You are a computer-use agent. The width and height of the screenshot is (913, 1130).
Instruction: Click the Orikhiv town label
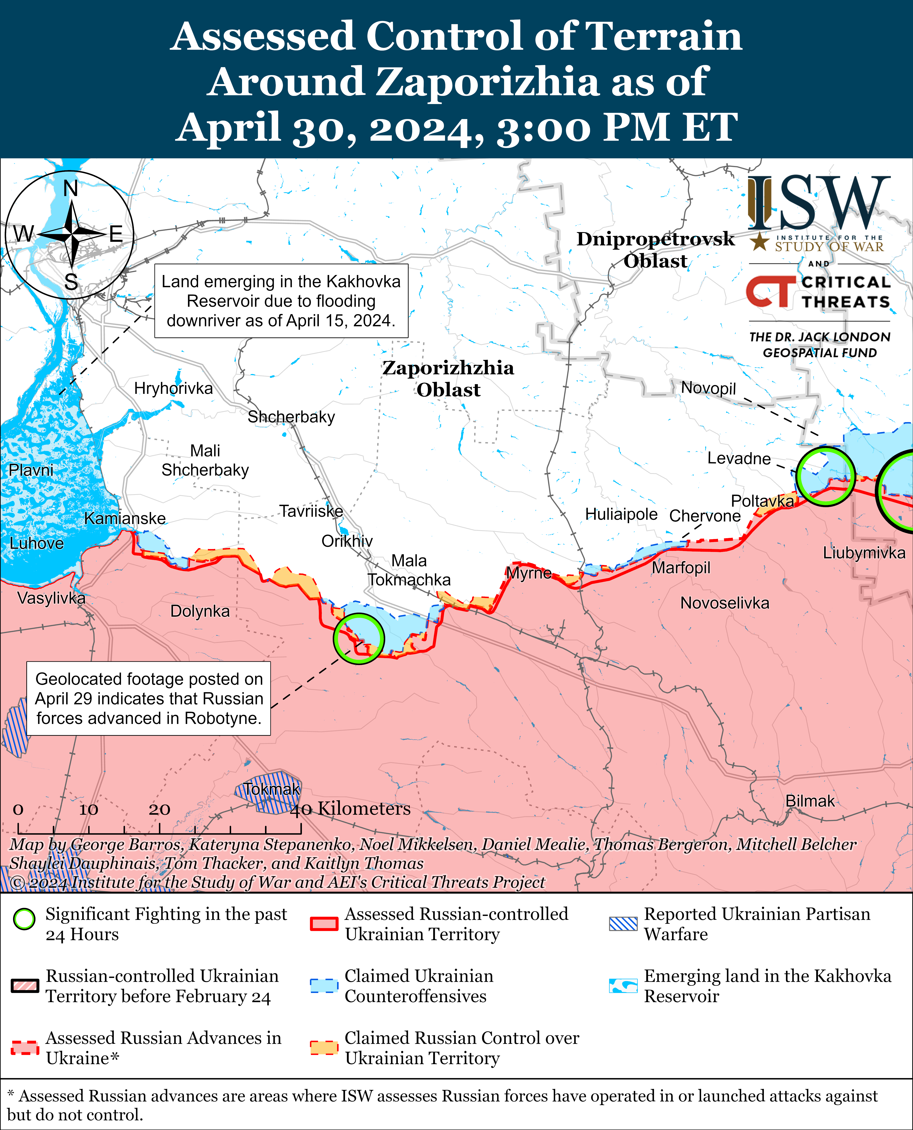(x=347, y=541)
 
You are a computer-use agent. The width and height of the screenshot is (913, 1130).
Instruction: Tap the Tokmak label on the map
(x=271, y=789)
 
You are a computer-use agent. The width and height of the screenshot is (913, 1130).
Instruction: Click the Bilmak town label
(x=810, y=801)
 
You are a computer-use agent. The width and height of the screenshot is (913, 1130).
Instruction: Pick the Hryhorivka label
(x=174, y=389)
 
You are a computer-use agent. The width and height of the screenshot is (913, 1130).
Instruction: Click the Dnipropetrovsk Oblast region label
(x=655, y=250)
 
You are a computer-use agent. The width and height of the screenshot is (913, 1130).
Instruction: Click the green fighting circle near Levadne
(x=825, y=476)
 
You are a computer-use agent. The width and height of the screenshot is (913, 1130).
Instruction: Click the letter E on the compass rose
(x=116, y=234)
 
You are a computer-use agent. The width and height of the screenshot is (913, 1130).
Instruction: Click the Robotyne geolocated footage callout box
(x=149, y=698)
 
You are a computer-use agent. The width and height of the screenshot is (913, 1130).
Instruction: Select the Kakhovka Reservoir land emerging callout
(x=281, y=301)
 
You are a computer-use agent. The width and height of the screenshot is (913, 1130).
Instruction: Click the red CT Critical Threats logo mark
(x=771, y=292)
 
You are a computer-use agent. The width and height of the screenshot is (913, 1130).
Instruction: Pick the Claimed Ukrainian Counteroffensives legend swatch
(x=323, y=986)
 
